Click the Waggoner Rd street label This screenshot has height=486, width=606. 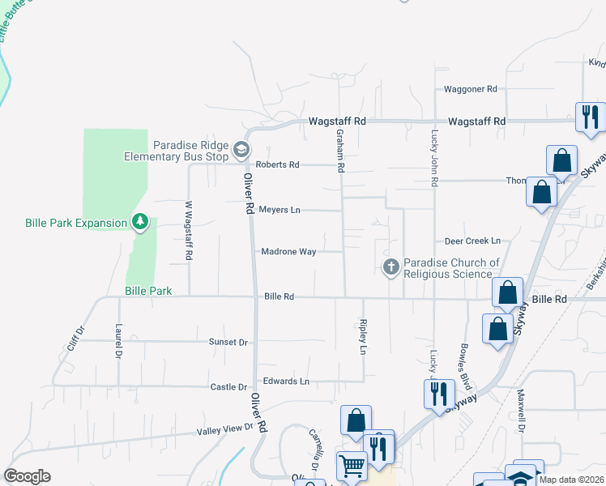(x=470, y=89)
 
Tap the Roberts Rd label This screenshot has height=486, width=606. (x=277, y=164)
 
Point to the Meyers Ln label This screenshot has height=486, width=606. (x=279, y=210)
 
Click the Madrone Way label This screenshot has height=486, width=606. (x=288, y=252)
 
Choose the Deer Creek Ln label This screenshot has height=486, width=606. (x=472, y=241)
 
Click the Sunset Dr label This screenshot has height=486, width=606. (x=228, y=343)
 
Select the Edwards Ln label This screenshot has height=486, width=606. (x=284, y=381)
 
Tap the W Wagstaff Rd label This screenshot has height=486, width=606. (x=189, y=231)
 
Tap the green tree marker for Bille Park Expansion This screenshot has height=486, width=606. (x=140, y=220)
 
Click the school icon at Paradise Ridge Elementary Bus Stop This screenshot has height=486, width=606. (x=241, y=149)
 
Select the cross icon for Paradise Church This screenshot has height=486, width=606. (x=391, y=266)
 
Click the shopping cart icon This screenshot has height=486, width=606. (x=352, y=466)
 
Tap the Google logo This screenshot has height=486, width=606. (x=27, y=476)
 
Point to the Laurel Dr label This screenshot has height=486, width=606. (x=118, y=343)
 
